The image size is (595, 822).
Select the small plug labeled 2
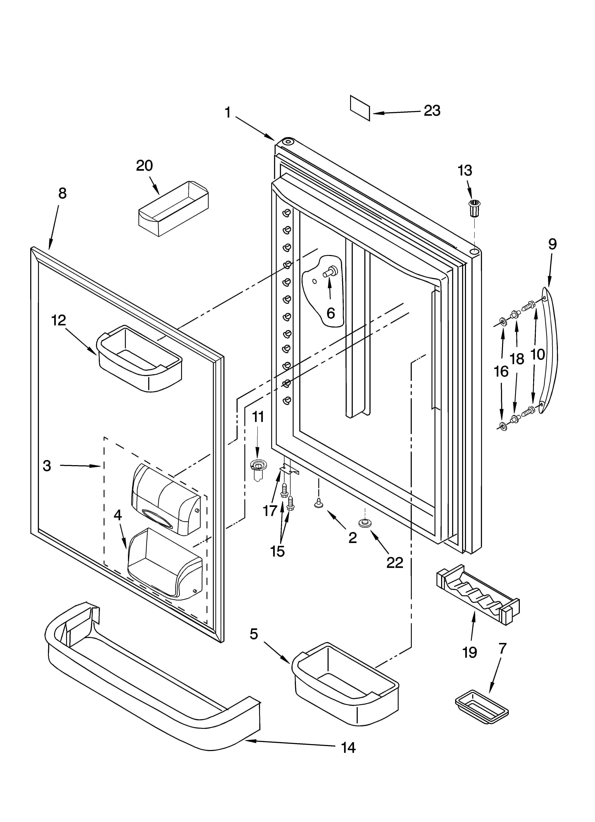318,503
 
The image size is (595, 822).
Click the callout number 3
47,466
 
